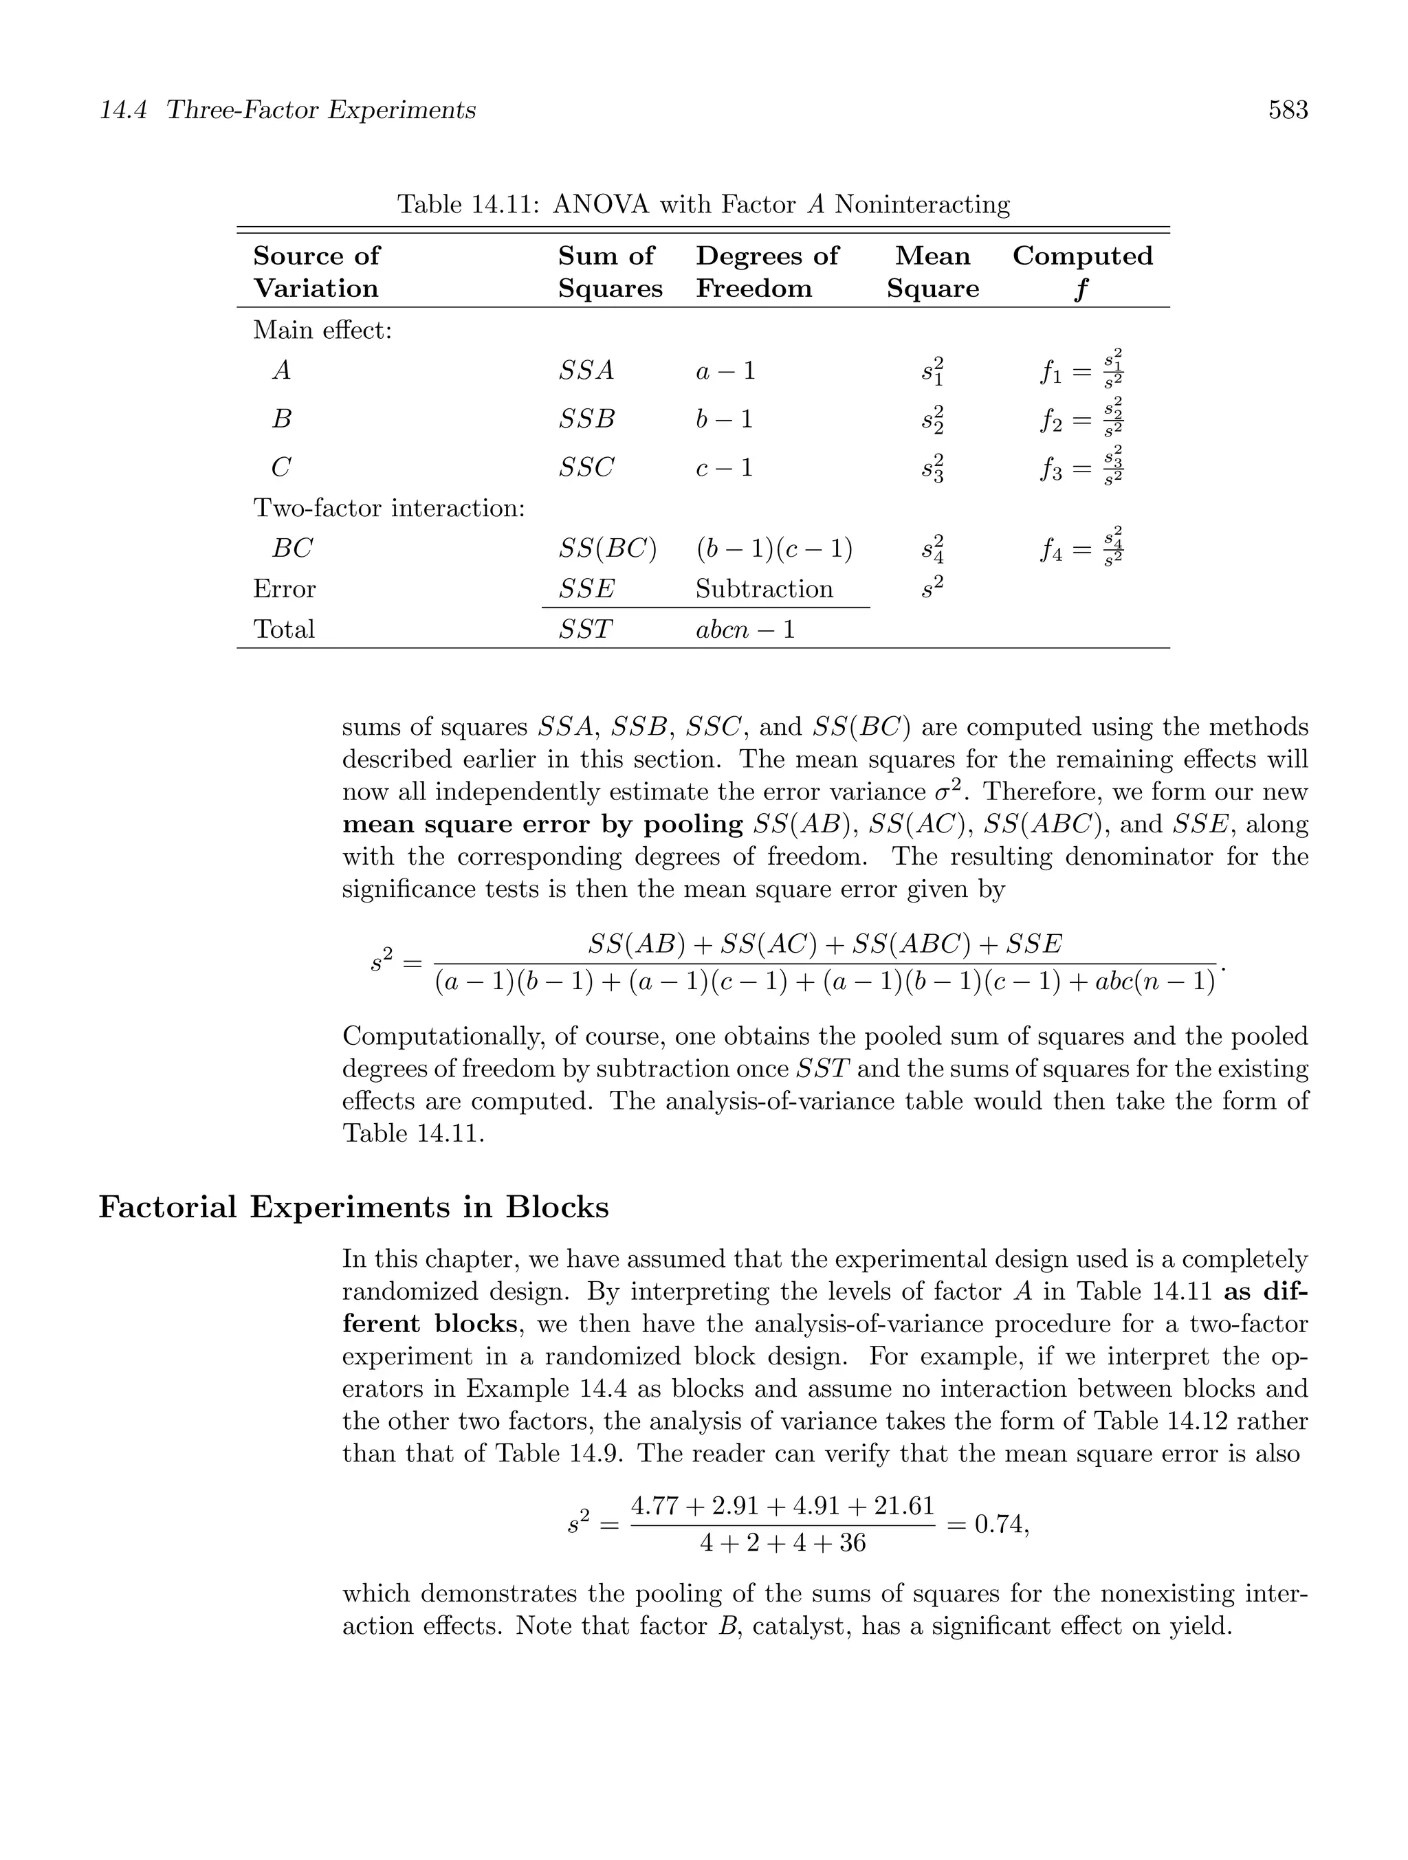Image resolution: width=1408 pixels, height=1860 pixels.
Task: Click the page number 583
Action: [1288, 110]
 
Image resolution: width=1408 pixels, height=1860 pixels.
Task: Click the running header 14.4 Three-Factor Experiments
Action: [287, 110]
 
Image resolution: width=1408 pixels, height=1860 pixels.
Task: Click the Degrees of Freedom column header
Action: [767, 271]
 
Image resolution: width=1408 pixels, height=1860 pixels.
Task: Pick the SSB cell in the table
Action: [586, 418]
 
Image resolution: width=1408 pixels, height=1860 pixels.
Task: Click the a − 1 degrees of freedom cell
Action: [725, 370]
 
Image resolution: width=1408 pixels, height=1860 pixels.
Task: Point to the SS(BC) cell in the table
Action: [606, 549]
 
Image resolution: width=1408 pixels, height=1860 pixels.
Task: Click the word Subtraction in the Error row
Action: [764, 588]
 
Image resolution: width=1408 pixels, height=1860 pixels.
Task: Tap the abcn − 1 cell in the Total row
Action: [745, 629]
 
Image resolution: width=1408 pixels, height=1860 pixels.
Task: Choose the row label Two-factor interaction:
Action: [388, 508]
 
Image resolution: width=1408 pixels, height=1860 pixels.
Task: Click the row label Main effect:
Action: [322, 330]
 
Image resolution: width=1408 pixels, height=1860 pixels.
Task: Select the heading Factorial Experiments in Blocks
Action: [353, 1206]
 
